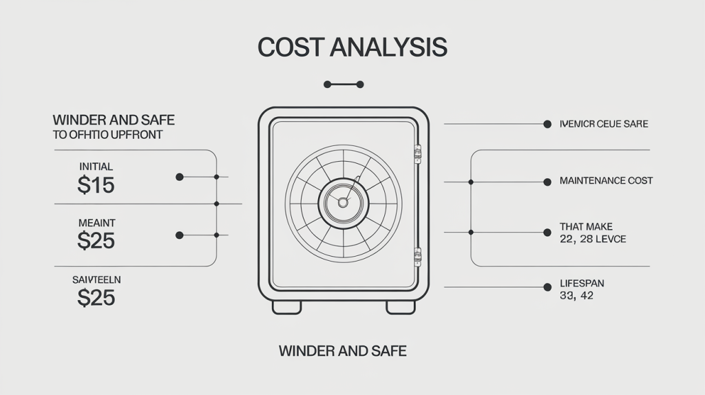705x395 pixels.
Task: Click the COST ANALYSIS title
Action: coord(352,47)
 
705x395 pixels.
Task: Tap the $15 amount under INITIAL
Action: coord(96,185)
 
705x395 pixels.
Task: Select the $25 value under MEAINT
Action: coord(96,241)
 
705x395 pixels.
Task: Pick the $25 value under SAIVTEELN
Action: coord(96,297)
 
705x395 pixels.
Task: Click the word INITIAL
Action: coord(96,167)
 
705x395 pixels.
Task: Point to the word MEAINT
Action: coord(96,222)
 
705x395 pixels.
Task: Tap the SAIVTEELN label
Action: coord(96,279)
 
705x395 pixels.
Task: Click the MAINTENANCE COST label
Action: coord(606,181)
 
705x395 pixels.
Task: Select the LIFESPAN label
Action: coord(582,284)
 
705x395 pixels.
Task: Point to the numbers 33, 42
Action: coord(577,297)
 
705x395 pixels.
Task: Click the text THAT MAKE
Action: coord(586,226)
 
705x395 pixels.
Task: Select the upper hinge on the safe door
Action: coord(417,153)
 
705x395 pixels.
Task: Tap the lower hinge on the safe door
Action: coord(417,257)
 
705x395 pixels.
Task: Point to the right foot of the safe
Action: coord(400,307)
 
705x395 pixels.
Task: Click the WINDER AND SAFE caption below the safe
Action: coord(342,351)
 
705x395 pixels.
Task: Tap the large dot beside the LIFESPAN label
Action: coord(547,285)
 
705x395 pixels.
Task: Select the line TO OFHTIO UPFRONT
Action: coord(107,135)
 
